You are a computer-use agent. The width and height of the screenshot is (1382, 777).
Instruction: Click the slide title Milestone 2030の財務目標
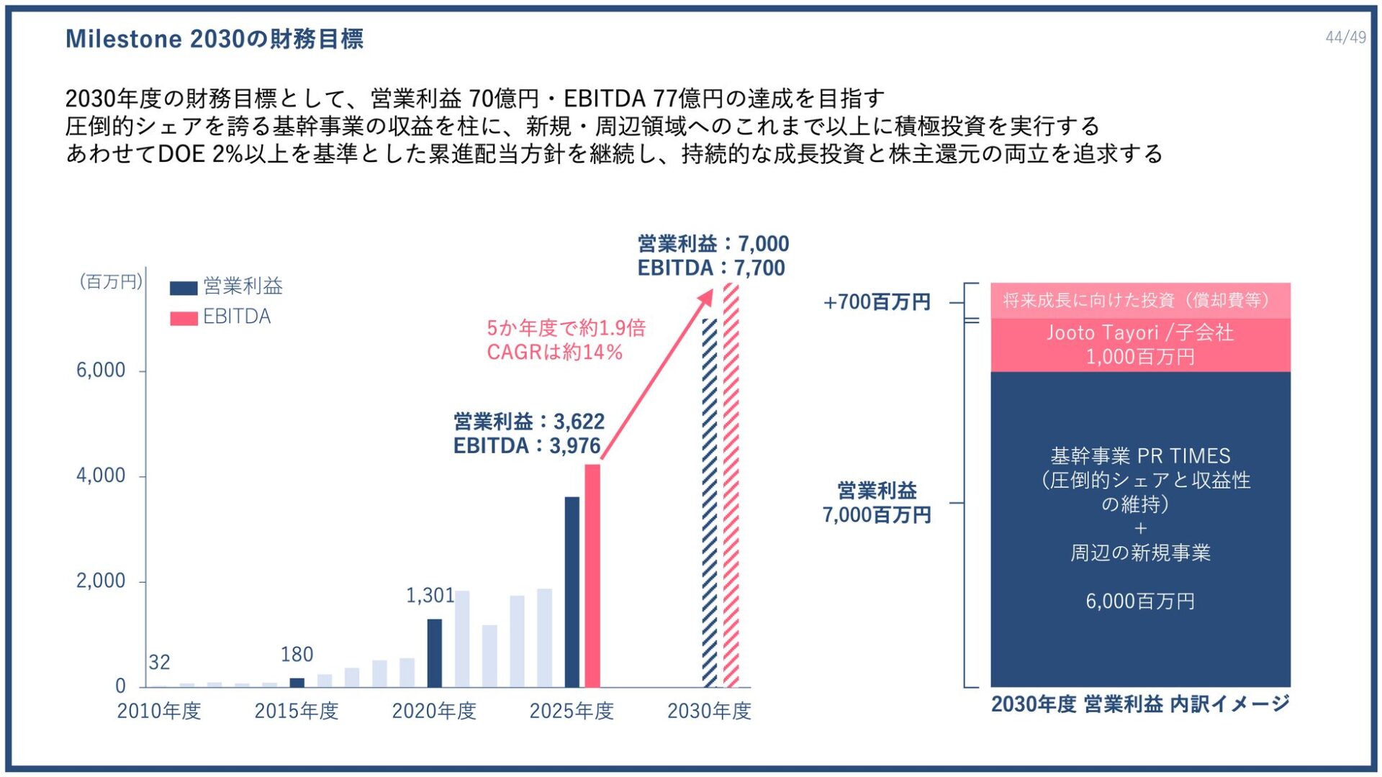[x=214, y=39]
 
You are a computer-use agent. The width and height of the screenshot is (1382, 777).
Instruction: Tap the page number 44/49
[x=1345, y=37]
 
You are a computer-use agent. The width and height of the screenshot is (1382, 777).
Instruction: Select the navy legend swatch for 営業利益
[x=184, y=288]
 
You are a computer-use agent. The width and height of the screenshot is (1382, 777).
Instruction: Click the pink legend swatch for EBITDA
[x=184, y=318]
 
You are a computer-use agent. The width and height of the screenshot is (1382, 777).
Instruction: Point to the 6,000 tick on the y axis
[x=101, y=371]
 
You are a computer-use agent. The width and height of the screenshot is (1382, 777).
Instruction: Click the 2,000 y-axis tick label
[x=101, y=581]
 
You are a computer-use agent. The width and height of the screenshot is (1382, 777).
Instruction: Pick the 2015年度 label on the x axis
[x=296, y=711]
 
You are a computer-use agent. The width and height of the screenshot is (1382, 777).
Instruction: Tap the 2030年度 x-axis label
[x=709, y=711]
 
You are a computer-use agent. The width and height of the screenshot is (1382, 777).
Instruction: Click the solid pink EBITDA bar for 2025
[x=592, y=576]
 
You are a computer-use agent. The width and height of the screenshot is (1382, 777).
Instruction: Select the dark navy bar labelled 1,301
[x=434, y=653]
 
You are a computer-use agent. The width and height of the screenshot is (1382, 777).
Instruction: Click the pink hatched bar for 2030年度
[x=731, y=489]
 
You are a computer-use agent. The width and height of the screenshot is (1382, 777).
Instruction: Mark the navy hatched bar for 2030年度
[x=710, y=504]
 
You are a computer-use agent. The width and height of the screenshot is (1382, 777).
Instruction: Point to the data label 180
[x=297, y=655]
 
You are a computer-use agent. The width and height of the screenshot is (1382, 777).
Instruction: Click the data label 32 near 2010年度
[x=159, y=662]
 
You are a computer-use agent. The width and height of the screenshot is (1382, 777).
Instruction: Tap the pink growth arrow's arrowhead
[x=707, y=296]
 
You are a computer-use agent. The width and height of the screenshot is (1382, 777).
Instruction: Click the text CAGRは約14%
[x=554, y=353]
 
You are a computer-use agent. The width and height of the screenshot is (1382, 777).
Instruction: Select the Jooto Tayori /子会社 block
[x=1140, y=345]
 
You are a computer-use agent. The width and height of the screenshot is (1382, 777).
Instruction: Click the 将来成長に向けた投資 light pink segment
[x=1140, y=300]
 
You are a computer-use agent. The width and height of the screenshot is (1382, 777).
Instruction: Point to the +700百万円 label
[x=877, y=302]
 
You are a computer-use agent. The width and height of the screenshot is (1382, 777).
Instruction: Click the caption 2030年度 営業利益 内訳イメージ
[x=1140, y=704]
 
